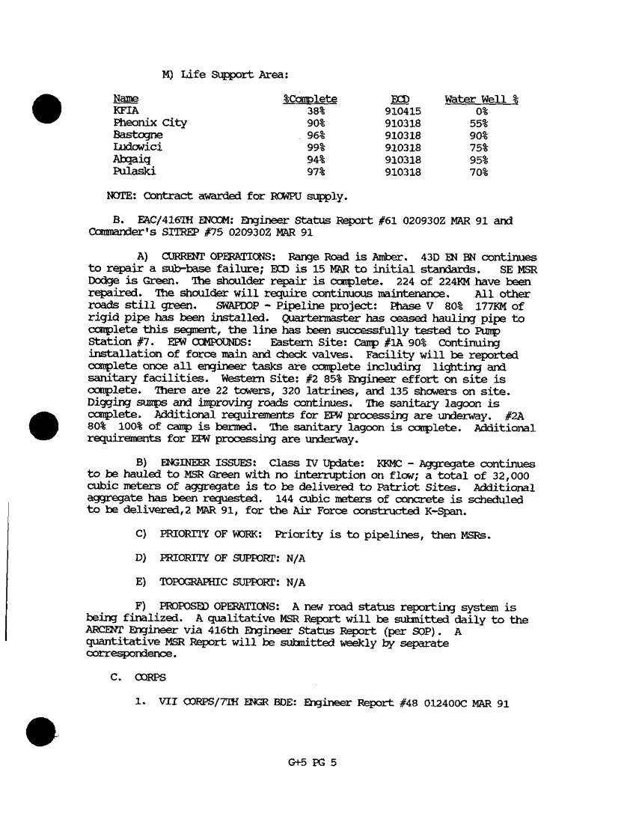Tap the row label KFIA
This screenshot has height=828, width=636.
tap(125, 111)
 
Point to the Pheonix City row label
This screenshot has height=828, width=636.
tap(150, 123)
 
